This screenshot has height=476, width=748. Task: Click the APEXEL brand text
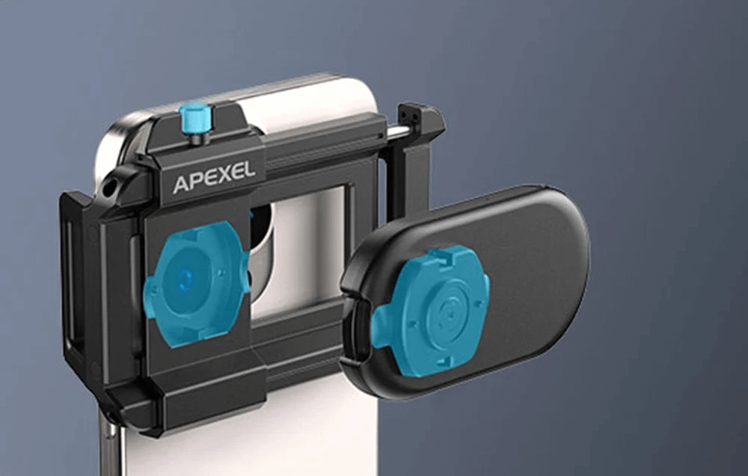tap(213, 177)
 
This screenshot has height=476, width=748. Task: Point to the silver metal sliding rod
tap(398, 133)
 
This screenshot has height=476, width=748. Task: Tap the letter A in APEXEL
tap(180, 185)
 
